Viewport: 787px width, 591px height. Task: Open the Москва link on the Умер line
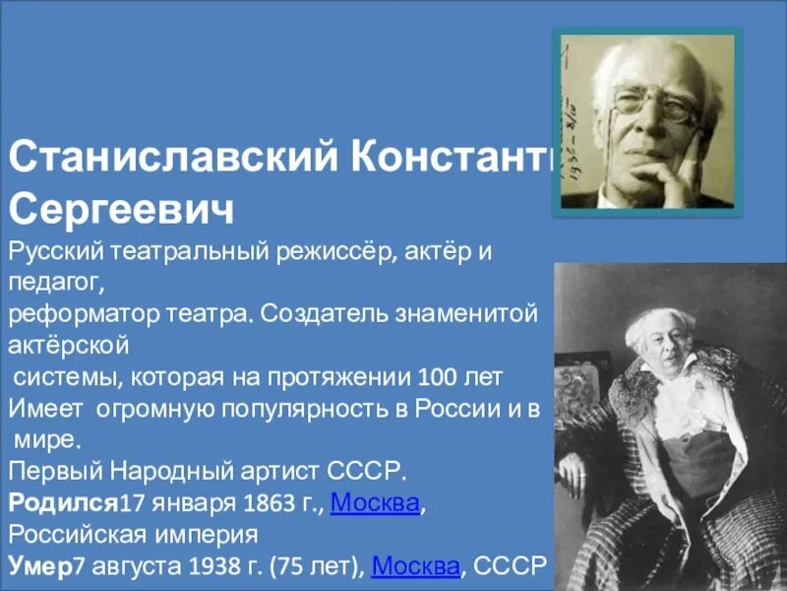[x=416, y=567]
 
